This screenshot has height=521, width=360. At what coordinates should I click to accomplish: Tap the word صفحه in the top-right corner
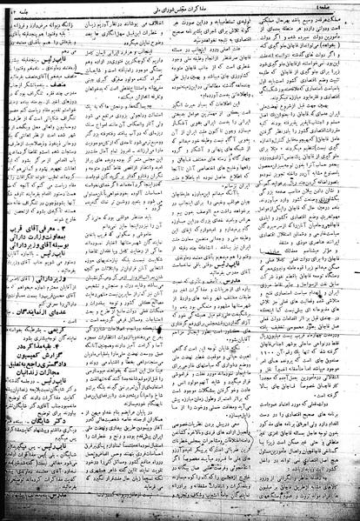(x=341, y=7)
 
